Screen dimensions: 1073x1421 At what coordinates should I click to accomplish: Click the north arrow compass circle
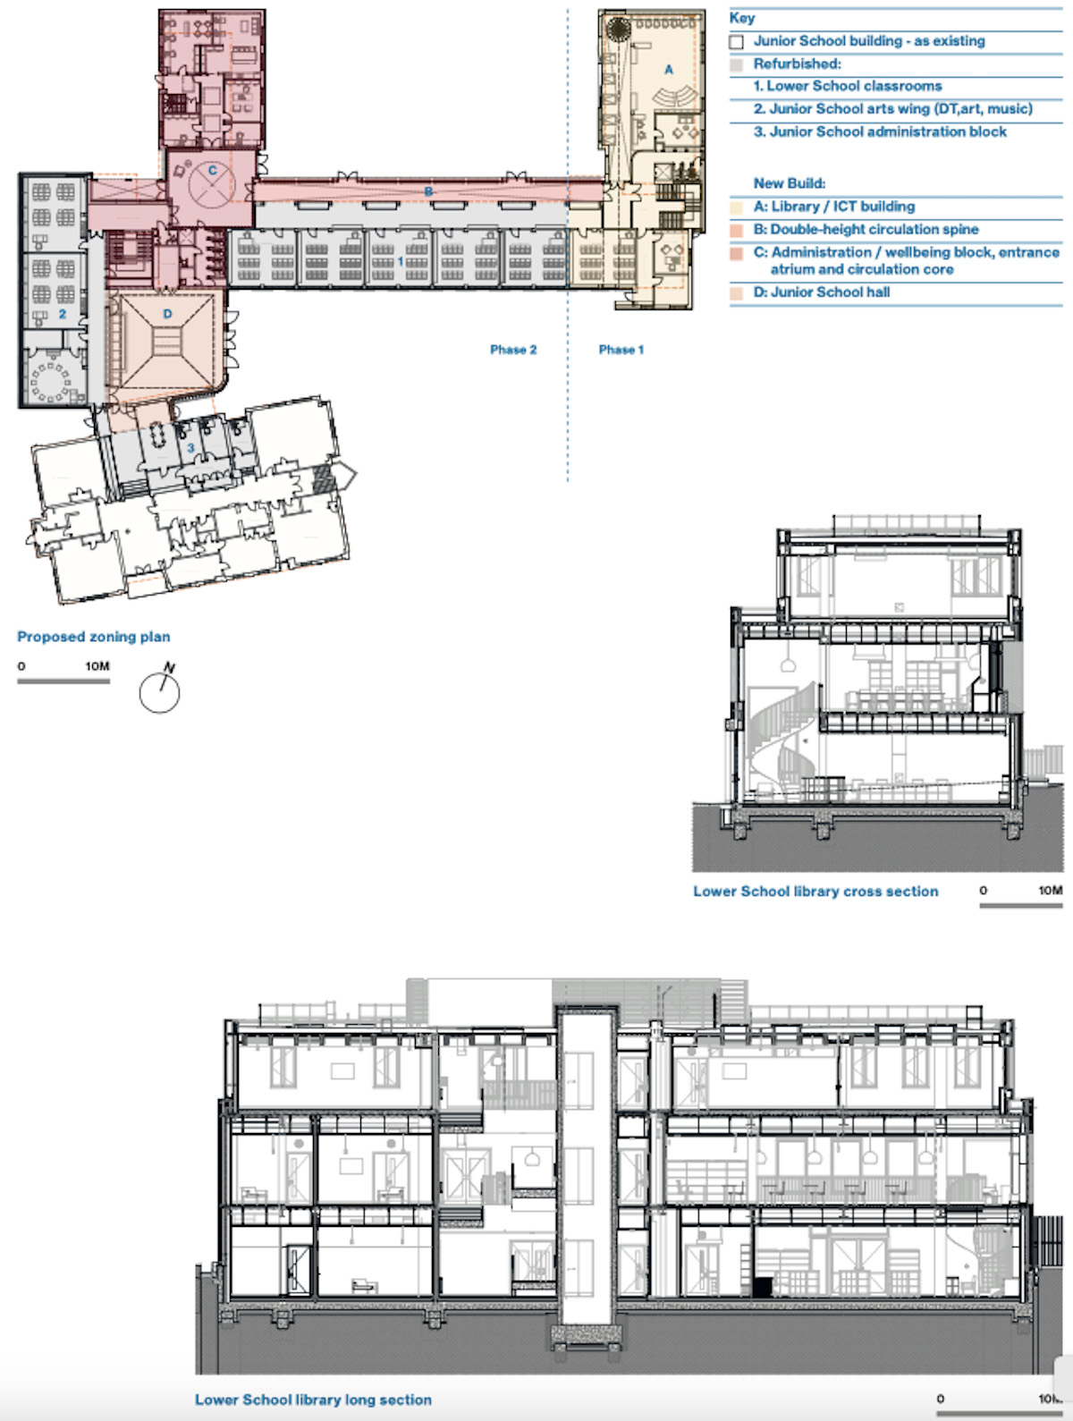click(159, 693)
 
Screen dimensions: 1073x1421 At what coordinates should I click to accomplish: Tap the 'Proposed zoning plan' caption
click(94, 637)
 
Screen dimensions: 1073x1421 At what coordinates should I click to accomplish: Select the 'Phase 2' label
click(513, 350)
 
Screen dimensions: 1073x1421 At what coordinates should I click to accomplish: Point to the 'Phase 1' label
click(621, 350)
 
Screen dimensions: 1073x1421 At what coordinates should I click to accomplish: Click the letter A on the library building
click(669, 69)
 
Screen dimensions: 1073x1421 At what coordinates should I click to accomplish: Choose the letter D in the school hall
click(167, 314)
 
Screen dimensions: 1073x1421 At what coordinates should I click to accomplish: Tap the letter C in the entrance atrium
click(212, 171)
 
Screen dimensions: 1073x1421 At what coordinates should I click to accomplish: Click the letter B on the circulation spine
click(428, 191)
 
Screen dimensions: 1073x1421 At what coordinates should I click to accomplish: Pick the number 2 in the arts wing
click(62, 314)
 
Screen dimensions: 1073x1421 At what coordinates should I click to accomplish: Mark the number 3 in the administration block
click(190, 448)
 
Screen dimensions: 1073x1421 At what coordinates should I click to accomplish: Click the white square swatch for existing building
click(737, 42)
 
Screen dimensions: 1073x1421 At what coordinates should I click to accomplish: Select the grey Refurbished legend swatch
click(737, 64)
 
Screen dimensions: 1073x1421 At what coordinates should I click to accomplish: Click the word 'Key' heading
click(741, 18)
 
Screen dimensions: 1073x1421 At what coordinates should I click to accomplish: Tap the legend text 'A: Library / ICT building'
click(834, 207)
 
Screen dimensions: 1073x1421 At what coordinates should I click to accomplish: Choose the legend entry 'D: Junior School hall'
click(821, 292)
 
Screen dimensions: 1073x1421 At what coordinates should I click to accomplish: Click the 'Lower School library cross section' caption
click(815, 892)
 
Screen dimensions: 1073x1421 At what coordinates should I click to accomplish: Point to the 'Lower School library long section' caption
click(313, 1400)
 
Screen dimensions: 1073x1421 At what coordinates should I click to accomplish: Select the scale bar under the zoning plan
click(63, 681)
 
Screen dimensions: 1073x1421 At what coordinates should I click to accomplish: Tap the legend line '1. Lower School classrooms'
click(847, 86)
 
